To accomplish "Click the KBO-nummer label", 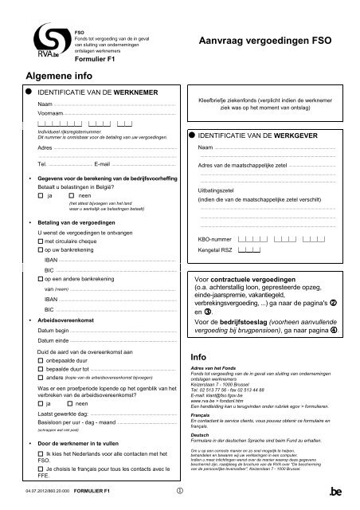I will pos(213,238).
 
